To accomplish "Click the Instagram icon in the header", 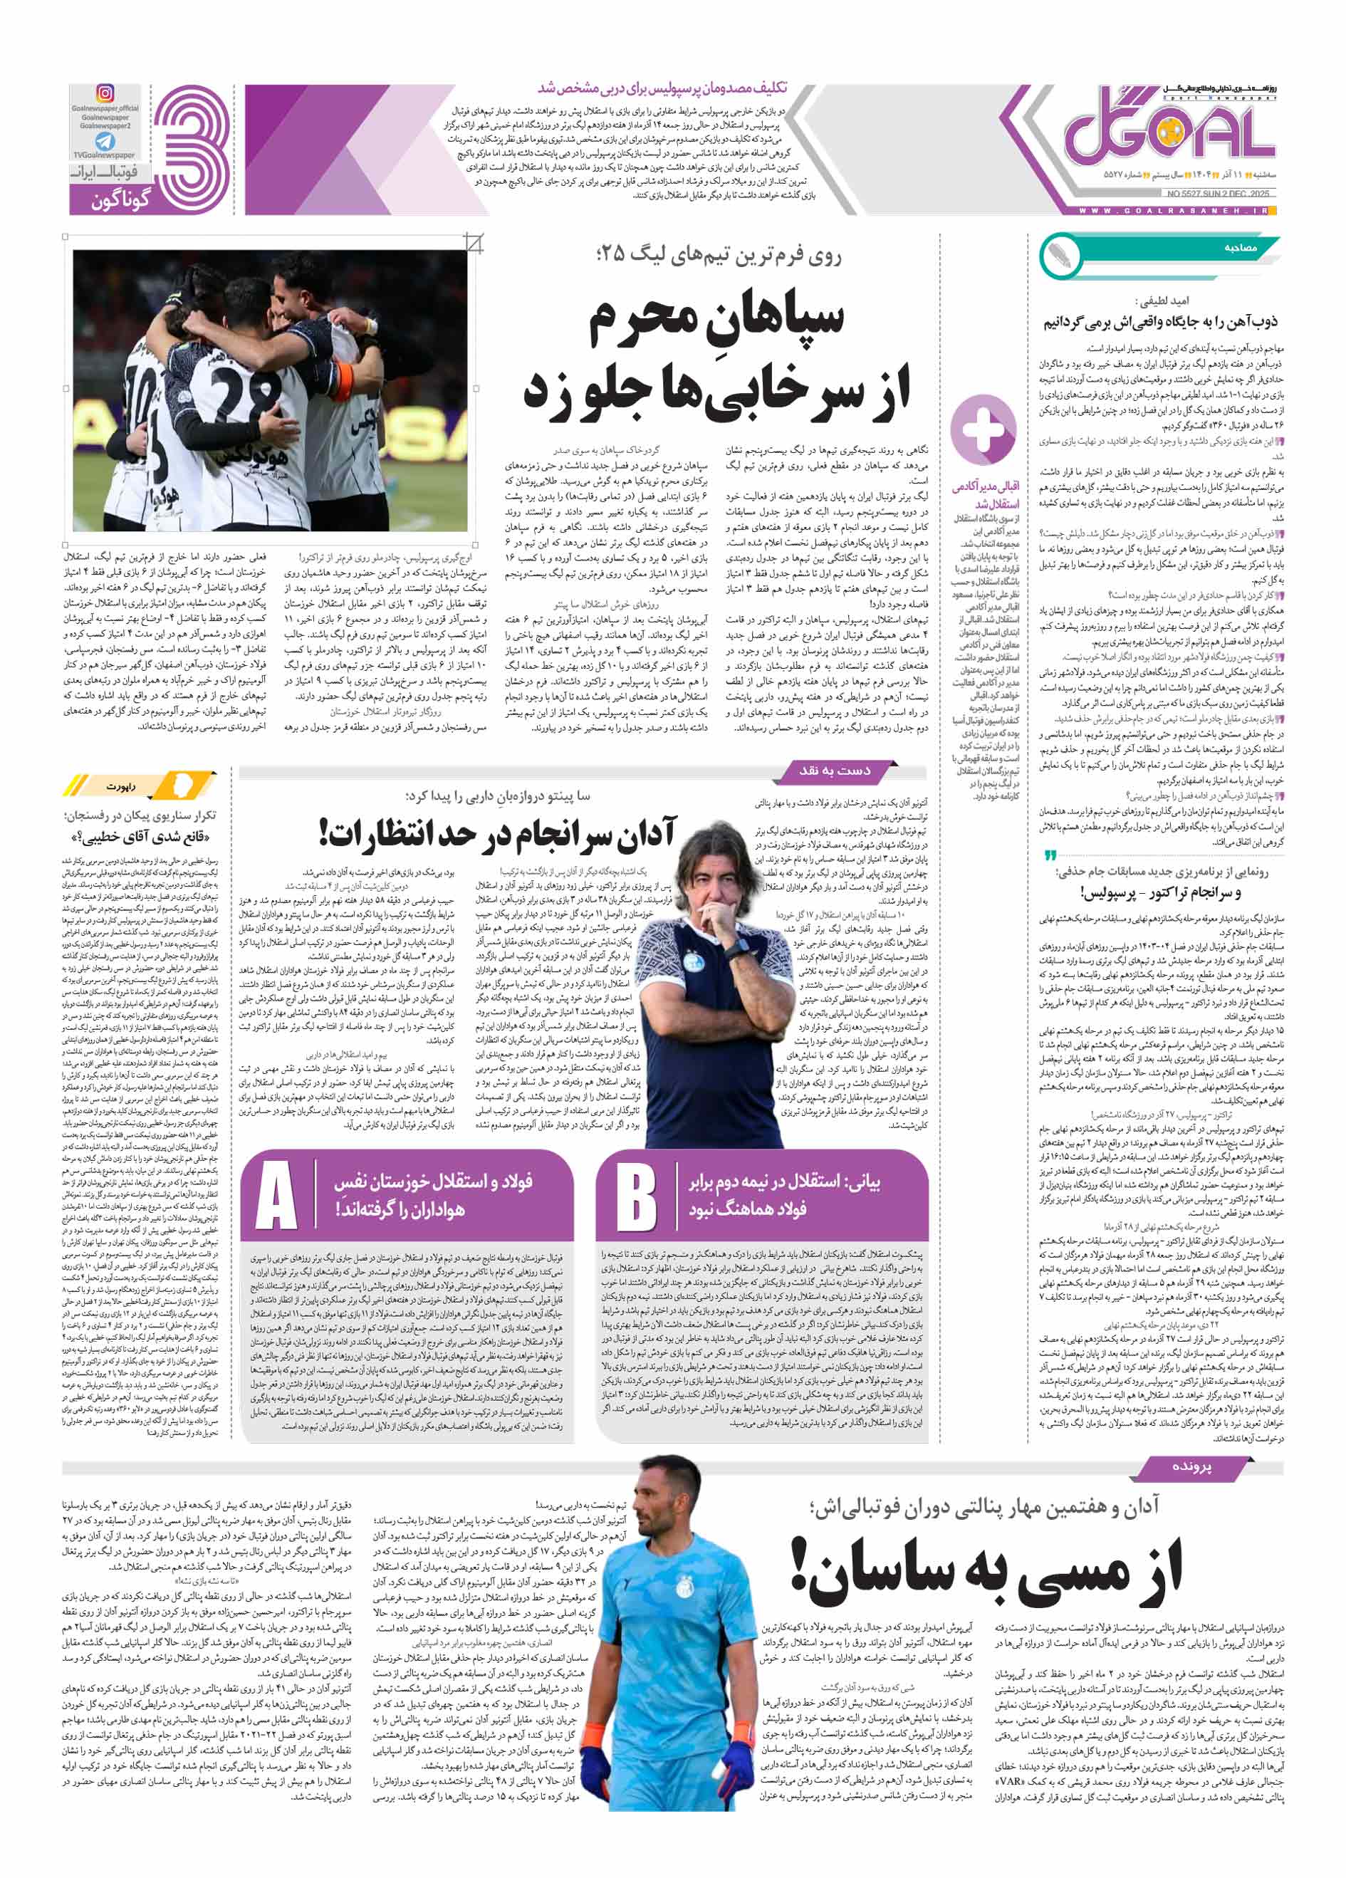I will click(x=105, y=93).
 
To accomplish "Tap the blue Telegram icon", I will click(x=105, y=141).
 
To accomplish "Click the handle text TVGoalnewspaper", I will click(x=105, y=155).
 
